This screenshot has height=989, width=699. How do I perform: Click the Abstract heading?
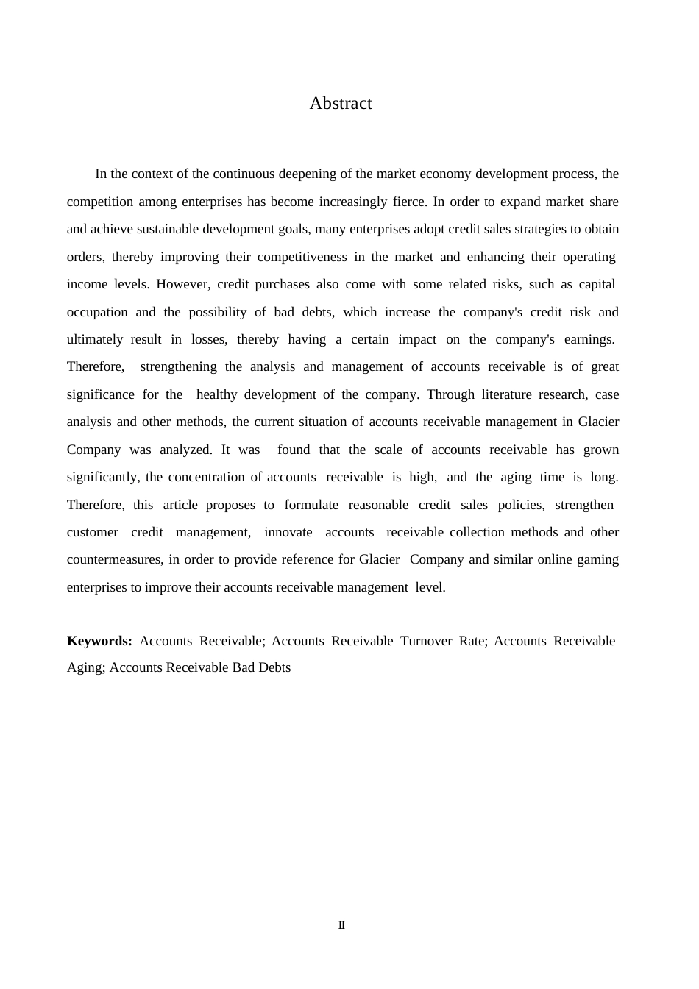coord(341,104)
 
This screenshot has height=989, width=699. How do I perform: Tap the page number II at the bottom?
coord(341,925)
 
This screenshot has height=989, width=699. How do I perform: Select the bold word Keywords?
coord(99,641)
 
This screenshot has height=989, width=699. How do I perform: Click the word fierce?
coord(403,202)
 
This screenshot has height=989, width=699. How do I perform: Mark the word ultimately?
coord(95,339)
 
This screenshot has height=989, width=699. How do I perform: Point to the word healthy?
coord(216,394)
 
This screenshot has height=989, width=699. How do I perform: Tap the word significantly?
coord(103,477)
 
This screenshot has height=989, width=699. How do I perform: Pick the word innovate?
coord(288,532)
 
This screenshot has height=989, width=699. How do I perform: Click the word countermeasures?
coord(114,559)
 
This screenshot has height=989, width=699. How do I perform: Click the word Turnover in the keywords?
coord(426,641)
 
